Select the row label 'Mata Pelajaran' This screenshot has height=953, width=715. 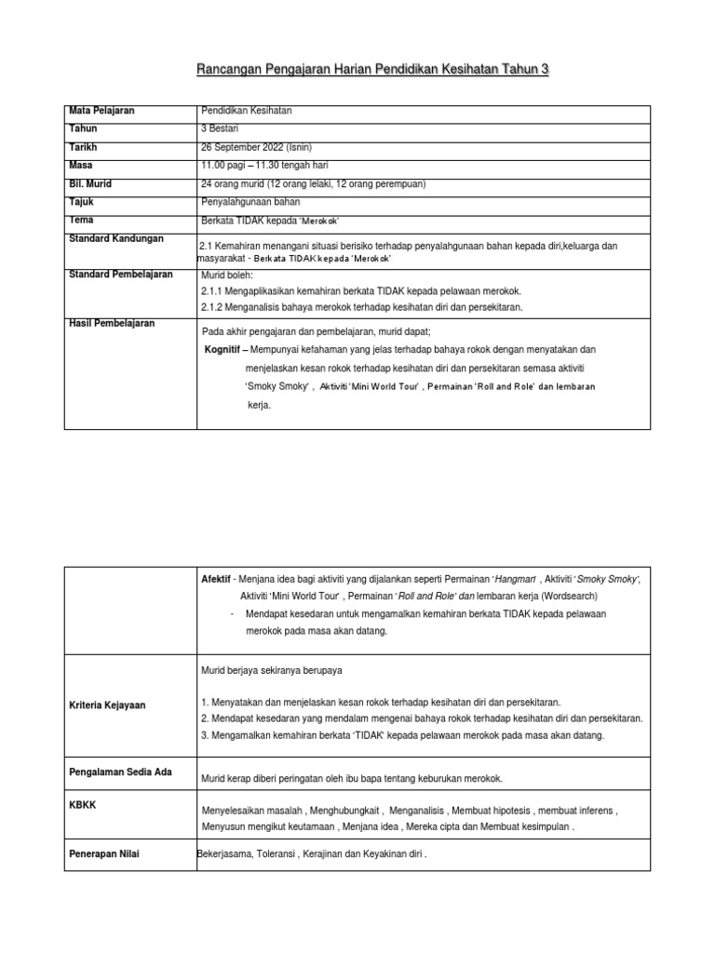101,111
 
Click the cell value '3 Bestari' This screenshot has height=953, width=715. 221,130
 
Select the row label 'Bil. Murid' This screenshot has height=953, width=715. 92,183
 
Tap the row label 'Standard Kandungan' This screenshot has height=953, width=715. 116,239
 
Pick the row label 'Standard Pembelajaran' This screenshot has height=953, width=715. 122,275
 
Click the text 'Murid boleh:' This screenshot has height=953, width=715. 227,276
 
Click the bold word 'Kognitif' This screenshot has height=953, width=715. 229,350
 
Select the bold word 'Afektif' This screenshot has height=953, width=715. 215,578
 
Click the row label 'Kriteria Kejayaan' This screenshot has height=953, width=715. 107,705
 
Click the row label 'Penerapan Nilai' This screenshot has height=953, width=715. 104,853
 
